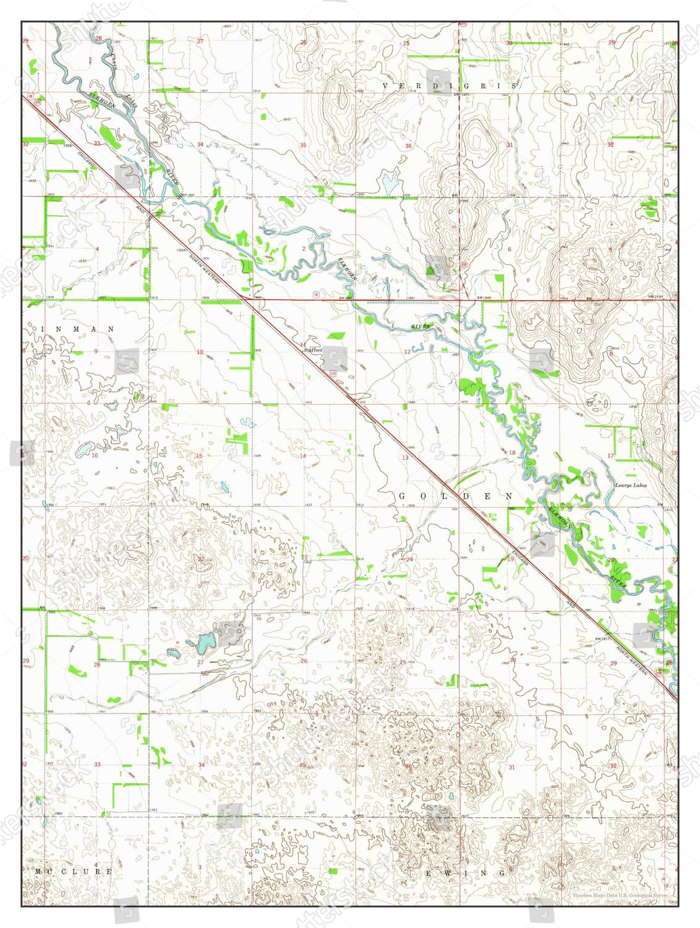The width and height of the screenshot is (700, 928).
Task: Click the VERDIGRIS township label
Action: [x=449, y=85]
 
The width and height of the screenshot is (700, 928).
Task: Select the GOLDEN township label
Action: [x=456, y=496]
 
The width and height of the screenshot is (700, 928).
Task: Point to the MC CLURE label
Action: [x=73, y=872]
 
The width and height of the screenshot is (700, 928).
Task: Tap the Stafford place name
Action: [x=313, y=350]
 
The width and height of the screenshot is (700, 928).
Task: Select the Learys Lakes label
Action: [x=631, y=486]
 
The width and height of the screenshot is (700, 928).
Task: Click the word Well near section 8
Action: [x=615, y=348]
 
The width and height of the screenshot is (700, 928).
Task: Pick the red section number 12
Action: [x=407, y=352]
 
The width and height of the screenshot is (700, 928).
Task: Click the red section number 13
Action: [x=406, y=458]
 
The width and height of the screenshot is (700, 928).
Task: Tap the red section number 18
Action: [x=511, y=453]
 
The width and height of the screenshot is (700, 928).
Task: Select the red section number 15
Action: [x=198, y=456]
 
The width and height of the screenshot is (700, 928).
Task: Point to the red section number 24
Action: [x=409, y=559]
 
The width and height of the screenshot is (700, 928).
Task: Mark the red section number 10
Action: [x=200, y=352]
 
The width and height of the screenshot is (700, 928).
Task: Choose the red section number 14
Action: [x=303, y=456]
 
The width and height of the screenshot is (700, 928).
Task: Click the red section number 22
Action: [x=200, y=559]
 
